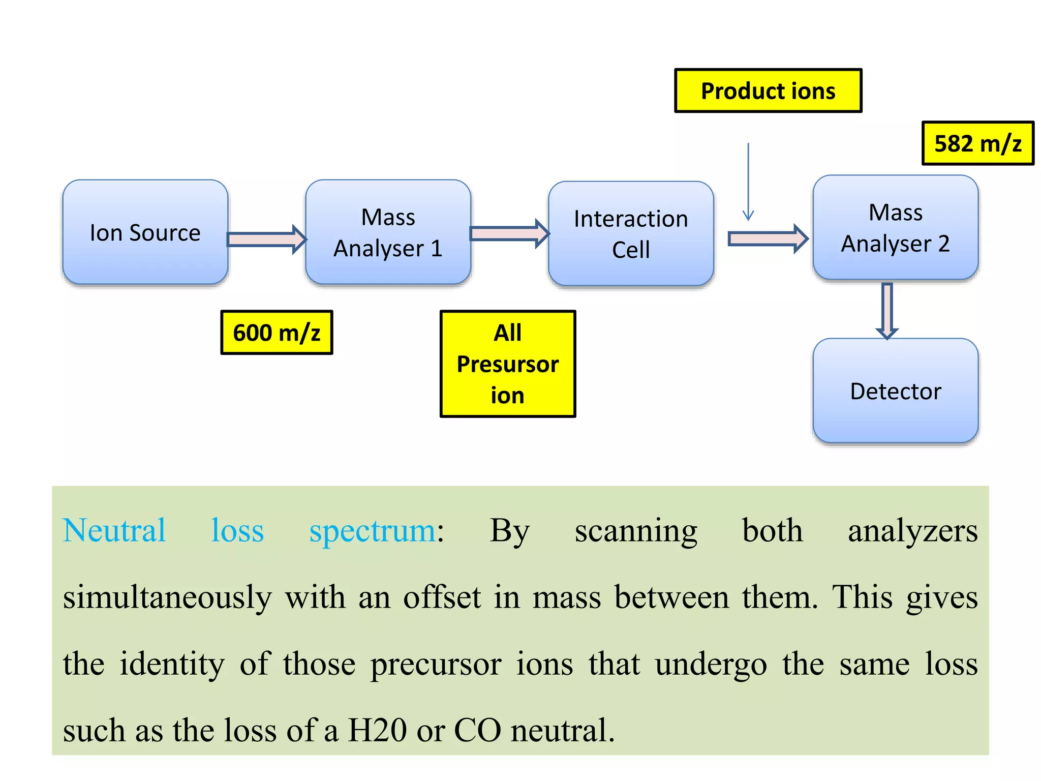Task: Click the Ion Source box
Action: point(145,232)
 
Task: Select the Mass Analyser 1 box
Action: point(388,232)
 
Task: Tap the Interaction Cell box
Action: point(631,233)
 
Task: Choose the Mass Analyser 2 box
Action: point(895,227)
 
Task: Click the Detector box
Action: point(895,390)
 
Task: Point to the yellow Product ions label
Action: point(768,91)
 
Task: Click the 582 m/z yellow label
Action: point(977,143)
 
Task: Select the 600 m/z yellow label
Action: point(277,333)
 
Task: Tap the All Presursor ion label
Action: point(507,364)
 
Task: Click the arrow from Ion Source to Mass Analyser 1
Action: point(266,239)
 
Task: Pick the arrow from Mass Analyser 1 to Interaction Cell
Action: point(509,234)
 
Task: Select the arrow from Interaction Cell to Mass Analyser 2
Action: point(768,238)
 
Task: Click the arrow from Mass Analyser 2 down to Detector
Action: point(887,310)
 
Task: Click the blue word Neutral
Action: point(114,530)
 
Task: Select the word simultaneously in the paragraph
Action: point(167,598)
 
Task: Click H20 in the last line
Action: point(377,730)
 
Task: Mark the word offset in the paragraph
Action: point(442,597)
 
